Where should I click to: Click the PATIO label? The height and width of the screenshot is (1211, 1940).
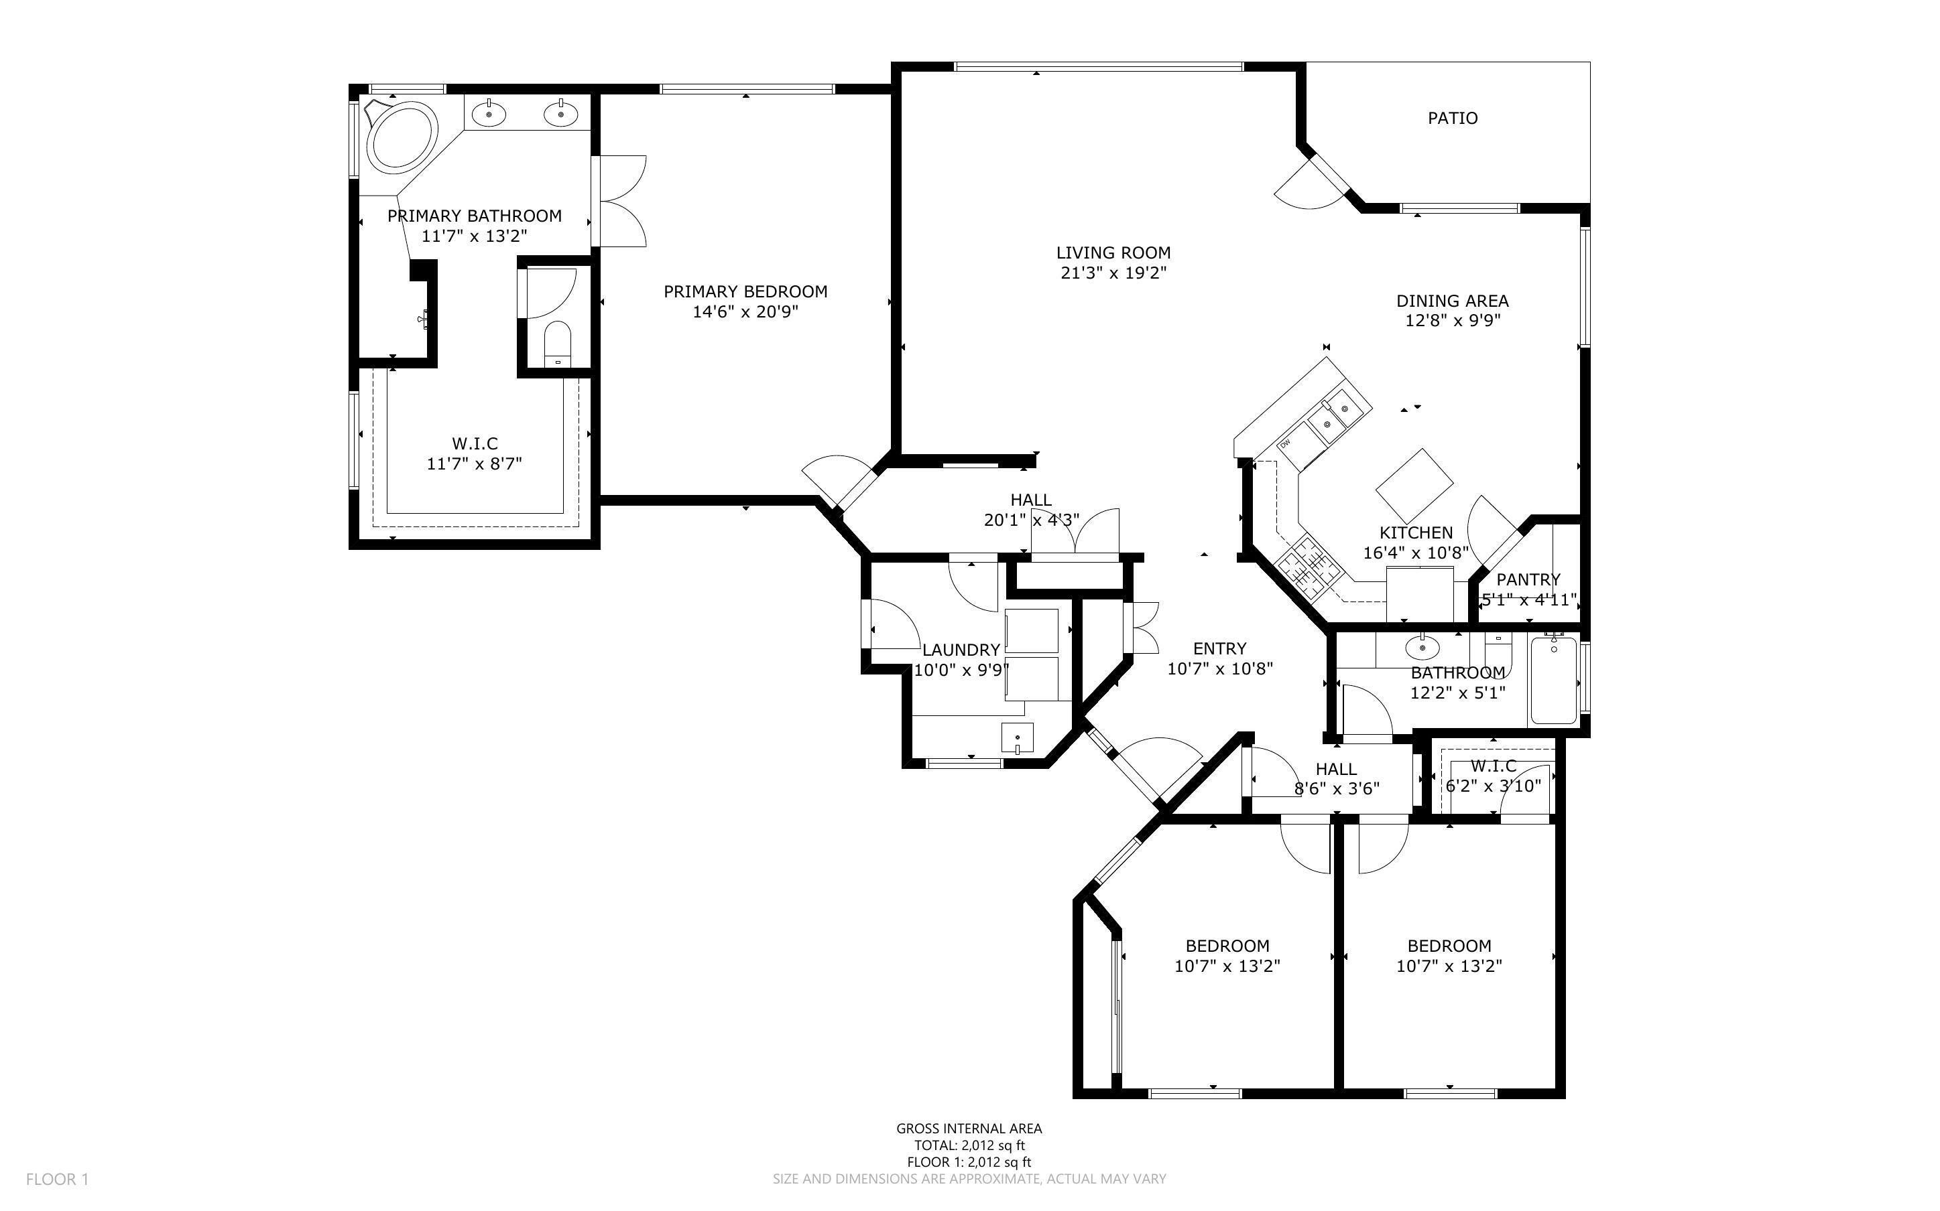click(1452, 119)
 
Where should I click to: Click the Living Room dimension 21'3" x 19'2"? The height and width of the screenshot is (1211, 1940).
click(1113, 273)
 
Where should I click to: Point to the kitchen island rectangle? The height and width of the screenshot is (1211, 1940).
click(1414, 484)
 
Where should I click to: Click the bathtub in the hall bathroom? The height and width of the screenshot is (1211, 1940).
click(1554, 679)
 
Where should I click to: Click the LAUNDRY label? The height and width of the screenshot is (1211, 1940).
click(961, 650)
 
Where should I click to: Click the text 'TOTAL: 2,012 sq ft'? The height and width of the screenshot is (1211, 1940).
click(969, 1145)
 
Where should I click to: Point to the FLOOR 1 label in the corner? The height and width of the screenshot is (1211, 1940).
click(57, 1179)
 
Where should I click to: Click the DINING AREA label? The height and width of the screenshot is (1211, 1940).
click(1452, 301)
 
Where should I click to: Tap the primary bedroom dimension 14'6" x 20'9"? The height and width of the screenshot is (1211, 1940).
click(745, 312)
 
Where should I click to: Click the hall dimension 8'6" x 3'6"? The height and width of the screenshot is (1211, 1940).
click(1337, 788)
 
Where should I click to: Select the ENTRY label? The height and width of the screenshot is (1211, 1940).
click(1219, 649)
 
